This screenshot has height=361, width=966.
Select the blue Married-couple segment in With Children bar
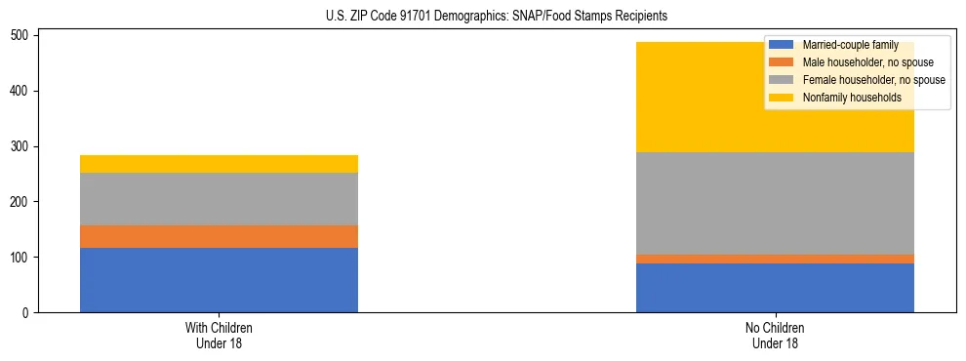tap(219, 280)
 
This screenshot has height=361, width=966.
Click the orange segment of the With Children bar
tap(219, 236)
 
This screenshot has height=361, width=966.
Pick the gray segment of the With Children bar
tap(219, 199)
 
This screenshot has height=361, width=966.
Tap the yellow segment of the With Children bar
tap(219, 164)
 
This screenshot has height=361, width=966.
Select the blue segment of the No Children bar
tap(775, 288)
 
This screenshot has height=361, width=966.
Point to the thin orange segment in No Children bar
tap(775, 259)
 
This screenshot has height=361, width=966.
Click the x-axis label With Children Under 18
tap(219, 335)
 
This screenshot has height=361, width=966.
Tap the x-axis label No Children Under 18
tap(775, 335)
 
